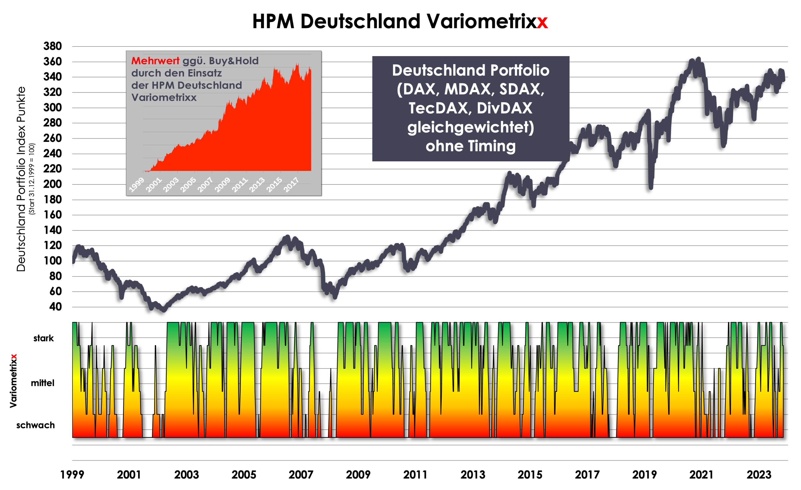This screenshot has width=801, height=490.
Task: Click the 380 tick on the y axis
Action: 53,46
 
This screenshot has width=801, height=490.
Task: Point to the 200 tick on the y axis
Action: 53,184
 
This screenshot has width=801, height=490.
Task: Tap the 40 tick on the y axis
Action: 55,307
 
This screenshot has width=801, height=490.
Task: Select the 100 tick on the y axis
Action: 53,261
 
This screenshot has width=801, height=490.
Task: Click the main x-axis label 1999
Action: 72,475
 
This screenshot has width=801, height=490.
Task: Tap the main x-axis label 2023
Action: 759,475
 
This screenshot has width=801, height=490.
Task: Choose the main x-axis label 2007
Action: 301,475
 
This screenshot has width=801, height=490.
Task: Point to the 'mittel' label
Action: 43,383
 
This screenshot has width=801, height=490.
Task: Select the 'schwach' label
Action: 35,425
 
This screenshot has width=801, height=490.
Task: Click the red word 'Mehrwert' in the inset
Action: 155,61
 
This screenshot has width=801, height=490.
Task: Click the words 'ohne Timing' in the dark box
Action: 470,146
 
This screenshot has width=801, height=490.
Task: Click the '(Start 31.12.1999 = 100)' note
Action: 32,179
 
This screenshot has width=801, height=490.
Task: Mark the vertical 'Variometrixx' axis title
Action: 13,380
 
